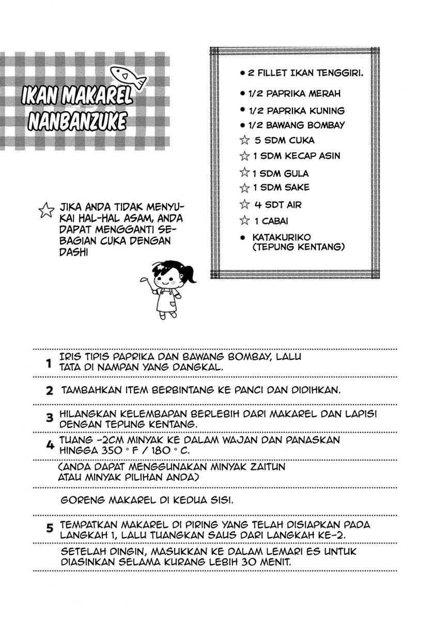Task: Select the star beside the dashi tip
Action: tap(46, 209)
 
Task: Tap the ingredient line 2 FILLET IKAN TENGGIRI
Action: tap(305, 73)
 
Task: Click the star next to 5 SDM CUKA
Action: tap(244, 140)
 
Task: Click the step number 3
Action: tap(50, 418)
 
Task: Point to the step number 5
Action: tap(50, 528)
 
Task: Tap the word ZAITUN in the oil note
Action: tap(263, 467)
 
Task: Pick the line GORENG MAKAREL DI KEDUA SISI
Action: tap(147, 501)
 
